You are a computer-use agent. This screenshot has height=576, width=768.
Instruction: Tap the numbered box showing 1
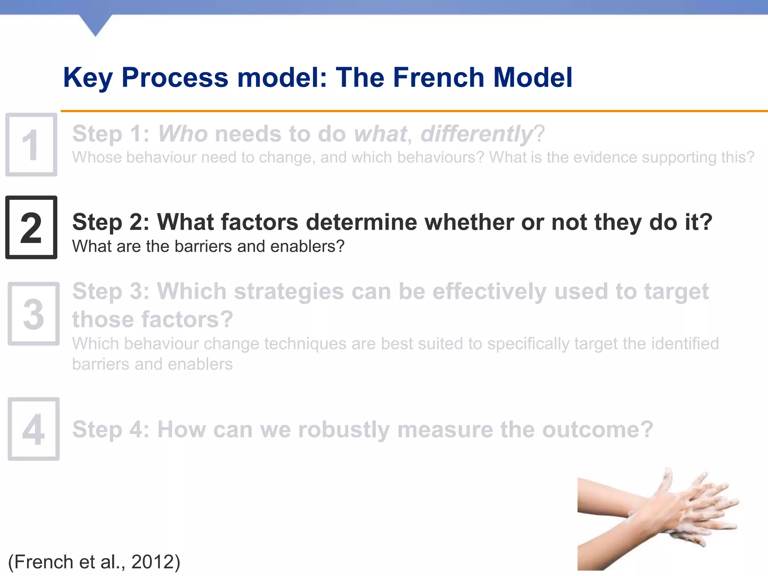click(31, 145)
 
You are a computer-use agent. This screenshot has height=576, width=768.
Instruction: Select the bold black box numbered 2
click(31, 227)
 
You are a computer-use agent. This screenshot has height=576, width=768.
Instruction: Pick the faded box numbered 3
click(33, 313)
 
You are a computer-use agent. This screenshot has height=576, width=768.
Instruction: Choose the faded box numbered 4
click(33, 429)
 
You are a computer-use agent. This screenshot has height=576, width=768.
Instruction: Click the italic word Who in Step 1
click(183, 134)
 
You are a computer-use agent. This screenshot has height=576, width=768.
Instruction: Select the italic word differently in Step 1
click(476, 134)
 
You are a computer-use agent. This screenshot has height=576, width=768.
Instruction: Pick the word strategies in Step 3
click(289, 291)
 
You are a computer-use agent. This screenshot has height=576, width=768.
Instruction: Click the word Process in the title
click(175, 77)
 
